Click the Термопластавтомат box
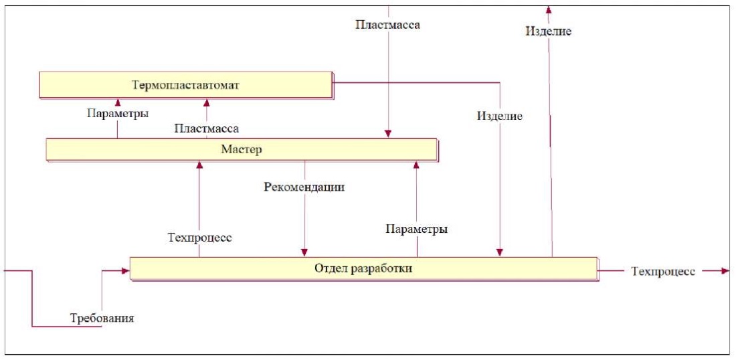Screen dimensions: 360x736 (185, 86)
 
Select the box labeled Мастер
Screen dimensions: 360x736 (241, 149)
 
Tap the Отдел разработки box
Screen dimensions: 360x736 (363, 269)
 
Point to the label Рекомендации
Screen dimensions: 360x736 (304, 187)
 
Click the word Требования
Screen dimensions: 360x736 (102, 318)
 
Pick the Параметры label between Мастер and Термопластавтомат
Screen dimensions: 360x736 (117, 114)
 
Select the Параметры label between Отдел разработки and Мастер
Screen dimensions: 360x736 (416, 229)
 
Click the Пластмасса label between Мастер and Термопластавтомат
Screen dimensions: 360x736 (207, 128)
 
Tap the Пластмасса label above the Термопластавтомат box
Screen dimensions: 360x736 (387, 25)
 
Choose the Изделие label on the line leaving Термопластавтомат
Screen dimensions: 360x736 (500, 116)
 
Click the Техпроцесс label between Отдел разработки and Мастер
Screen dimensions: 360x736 (200, 237)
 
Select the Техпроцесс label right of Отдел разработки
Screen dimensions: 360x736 (663, 271)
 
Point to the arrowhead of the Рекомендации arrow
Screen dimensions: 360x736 (304, 252)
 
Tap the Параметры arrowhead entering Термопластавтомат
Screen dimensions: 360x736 (117, 102)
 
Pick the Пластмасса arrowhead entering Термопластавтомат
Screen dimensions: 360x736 (207, 102)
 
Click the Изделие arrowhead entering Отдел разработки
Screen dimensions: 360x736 (500, 252)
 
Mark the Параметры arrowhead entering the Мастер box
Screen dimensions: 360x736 (416, 165)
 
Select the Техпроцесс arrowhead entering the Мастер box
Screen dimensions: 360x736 (199, 165)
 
